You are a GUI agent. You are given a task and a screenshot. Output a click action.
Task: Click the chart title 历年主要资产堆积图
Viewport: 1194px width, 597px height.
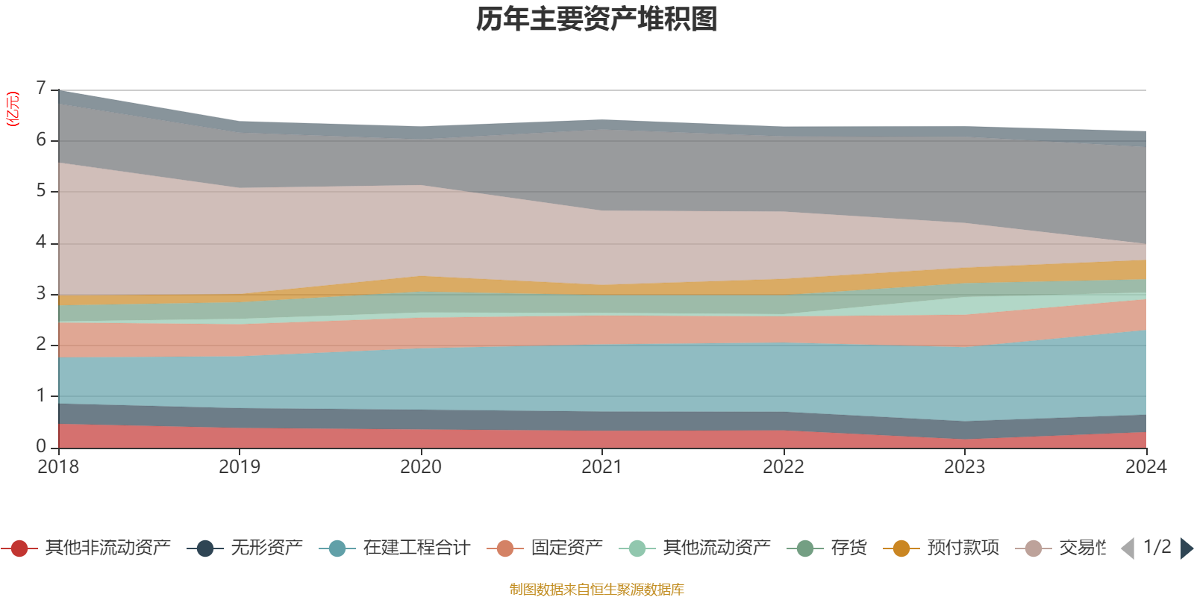click(597, 19)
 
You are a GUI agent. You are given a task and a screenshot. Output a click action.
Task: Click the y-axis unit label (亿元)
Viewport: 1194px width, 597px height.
click(13, 109)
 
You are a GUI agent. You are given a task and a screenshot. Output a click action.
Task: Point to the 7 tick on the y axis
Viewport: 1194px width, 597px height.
click(41, 89)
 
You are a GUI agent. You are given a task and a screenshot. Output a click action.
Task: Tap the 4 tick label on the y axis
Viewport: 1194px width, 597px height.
click(41, 243)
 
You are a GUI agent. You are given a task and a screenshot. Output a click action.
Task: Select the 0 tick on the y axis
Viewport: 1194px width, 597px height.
click(41, 446)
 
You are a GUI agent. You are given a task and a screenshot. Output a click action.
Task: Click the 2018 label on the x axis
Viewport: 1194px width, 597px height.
click(58, 467)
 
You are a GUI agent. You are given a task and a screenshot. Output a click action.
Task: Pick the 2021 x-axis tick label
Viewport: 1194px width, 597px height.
click(601, 467)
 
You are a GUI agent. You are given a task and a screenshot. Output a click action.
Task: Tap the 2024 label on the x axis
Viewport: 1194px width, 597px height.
click(1145, 467)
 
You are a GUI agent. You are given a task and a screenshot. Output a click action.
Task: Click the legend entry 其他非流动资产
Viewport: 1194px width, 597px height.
click(107, 548)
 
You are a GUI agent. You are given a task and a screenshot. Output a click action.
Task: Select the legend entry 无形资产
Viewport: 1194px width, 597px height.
click(266, 548)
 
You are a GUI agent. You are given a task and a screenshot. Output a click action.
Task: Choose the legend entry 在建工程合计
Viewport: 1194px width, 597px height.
click(416, 548)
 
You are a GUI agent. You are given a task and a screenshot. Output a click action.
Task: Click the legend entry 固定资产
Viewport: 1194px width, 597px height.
click(566, 548)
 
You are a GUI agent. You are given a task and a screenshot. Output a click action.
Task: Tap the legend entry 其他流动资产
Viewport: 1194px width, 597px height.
click(716, 548)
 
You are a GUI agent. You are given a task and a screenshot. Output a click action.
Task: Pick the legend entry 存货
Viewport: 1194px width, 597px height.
click(848, 548)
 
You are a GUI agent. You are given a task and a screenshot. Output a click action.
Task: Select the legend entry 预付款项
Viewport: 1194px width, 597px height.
click(963, 548)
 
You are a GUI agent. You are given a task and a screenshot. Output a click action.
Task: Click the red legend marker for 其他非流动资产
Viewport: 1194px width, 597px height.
click(19, 548)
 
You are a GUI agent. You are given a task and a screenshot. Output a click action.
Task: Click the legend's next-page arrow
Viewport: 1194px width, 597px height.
click(1186, 548)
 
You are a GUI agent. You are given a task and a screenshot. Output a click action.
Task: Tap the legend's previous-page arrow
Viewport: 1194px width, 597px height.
click(1128, 548)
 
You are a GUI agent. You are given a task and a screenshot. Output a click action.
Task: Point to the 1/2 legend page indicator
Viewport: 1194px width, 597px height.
click(1157, 547)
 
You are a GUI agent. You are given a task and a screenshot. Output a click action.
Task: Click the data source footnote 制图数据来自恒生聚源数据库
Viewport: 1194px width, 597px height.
click(597, 590)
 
